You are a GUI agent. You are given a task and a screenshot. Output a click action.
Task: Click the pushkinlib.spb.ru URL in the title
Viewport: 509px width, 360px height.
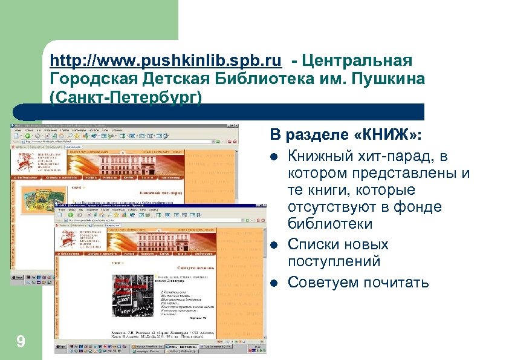coord(166,61)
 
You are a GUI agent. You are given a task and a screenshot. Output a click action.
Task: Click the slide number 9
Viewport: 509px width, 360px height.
coord(21,343)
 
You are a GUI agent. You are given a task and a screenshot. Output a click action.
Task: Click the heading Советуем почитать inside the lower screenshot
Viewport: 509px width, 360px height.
coord(196,266)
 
